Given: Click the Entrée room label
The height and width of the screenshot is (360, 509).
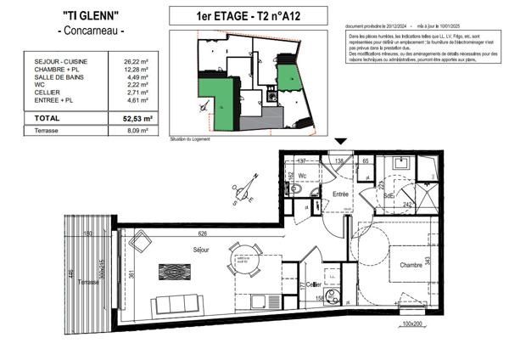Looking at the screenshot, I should coord(341,194).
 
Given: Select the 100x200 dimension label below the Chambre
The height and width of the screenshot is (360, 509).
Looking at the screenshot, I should coord(411,324).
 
